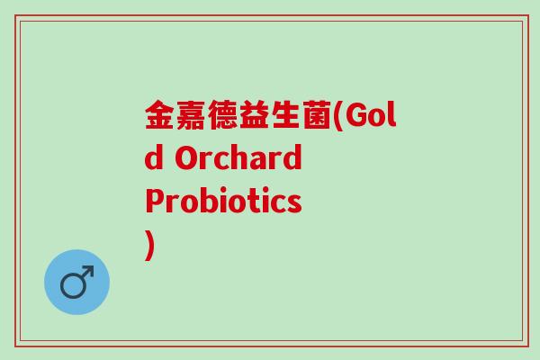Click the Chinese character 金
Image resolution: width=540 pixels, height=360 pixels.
coord(160,117)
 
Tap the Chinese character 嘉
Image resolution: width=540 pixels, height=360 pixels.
coord(192,117)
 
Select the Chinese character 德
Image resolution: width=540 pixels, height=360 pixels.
coord(223,117)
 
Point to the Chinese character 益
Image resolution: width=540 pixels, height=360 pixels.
coord(255,117)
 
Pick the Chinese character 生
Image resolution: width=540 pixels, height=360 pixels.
coord(286,117)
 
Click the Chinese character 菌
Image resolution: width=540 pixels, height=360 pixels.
coord(318,117)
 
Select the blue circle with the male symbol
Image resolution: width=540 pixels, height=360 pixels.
coord(76,282)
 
